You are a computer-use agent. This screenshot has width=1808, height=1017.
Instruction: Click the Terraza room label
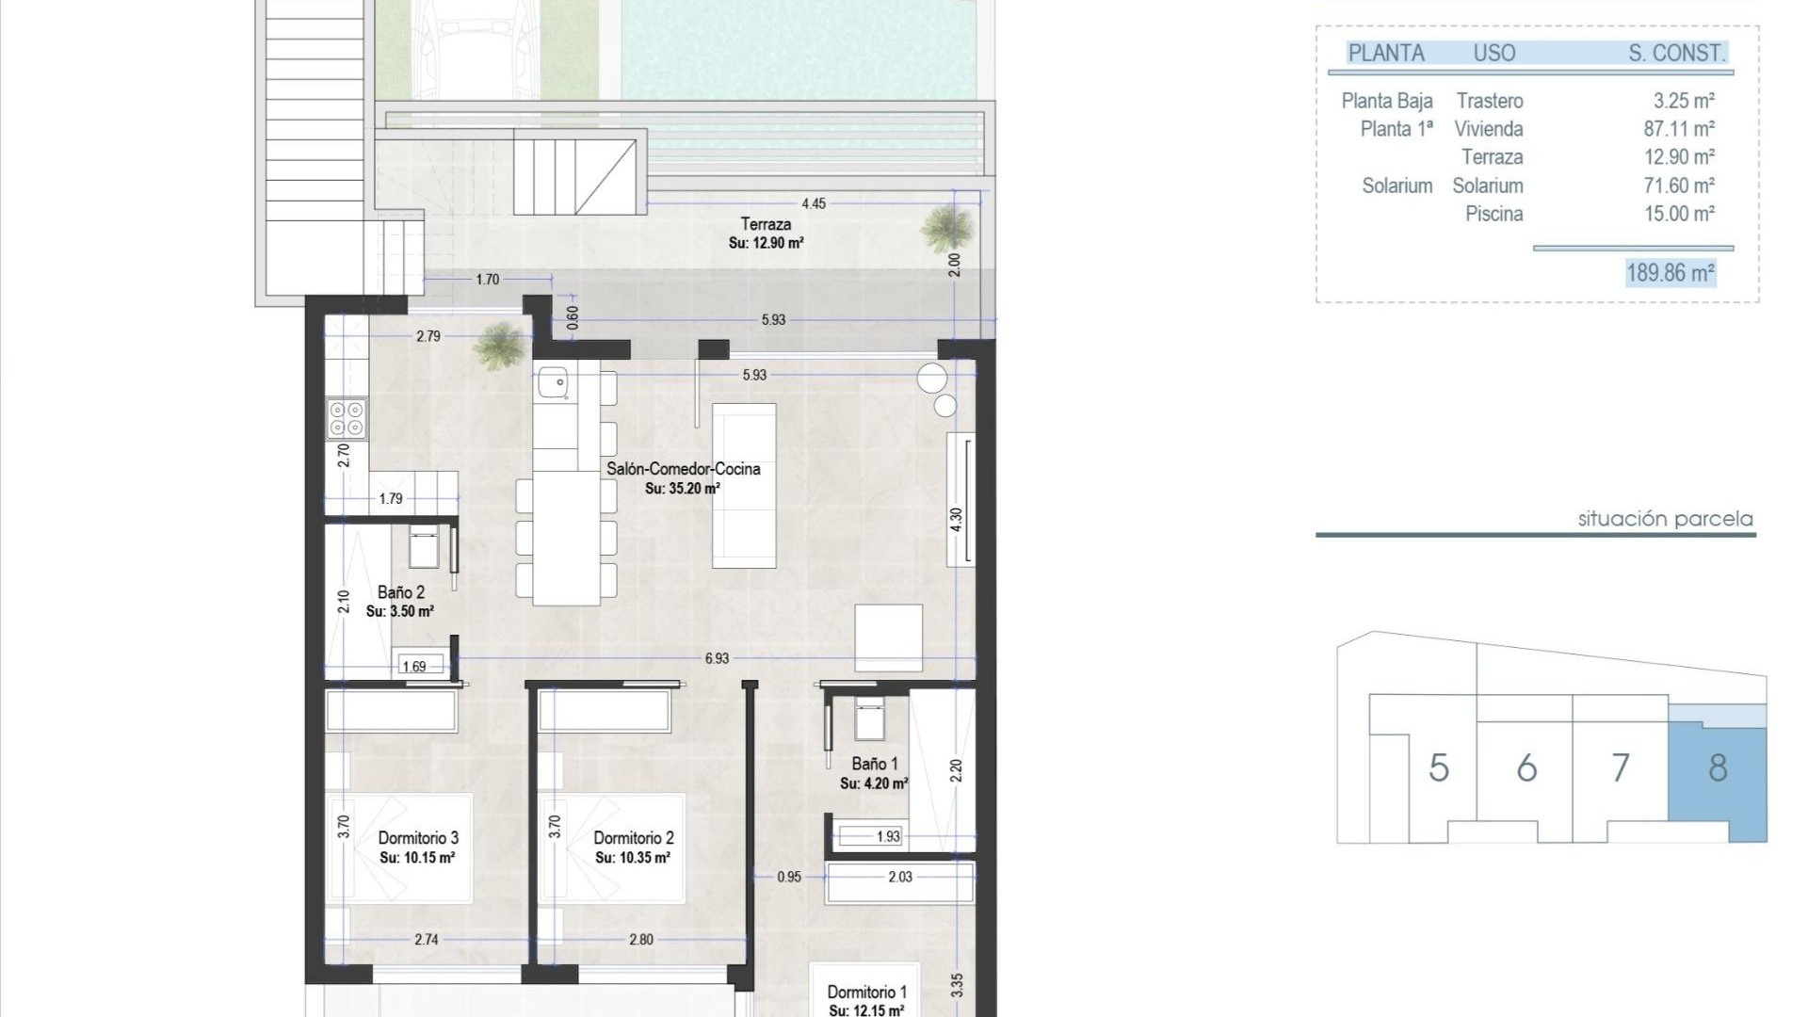765,224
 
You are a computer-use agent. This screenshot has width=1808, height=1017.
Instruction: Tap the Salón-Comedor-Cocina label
683,469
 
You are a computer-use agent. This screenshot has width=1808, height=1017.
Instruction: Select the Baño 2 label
400,592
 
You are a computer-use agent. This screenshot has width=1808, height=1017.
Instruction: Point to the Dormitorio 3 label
418,838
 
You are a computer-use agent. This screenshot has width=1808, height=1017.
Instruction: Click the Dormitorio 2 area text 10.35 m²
633,858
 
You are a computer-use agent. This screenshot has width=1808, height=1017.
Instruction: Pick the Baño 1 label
874,764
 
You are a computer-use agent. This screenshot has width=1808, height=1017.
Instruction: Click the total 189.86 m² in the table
1671,273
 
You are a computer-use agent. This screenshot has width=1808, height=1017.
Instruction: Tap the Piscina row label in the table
1493,214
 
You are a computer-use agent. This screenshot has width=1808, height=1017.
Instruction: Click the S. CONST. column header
1677,54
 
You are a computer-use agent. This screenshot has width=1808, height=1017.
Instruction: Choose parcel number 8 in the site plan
1718,768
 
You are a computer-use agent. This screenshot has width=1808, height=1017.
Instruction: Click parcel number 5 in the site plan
1438,768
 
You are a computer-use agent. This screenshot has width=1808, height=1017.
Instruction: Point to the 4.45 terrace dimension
814,203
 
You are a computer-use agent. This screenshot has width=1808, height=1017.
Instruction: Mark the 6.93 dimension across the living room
717,658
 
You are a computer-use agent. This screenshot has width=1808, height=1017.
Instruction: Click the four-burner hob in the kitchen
346,418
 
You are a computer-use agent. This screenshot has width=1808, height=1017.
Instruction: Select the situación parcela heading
1665,519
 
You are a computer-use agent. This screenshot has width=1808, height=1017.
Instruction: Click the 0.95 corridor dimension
789,877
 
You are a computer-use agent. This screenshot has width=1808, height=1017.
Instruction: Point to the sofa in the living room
744,485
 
